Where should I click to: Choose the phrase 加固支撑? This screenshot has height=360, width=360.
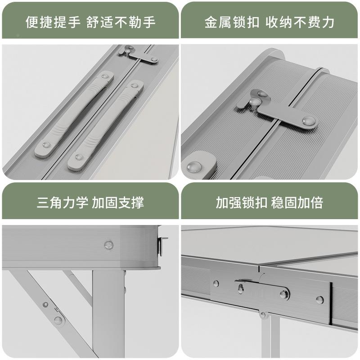pyautogui.click(x=118, y=202)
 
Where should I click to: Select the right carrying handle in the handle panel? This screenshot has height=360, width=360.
pyautogui.click(x=106, y=125)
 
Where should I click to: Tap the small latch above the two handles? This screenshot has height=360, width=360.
pyautogui.click(x=138, y=54)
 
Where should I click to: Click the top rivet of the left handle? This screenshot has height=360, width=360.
pyautogui.click(x=105, y=77)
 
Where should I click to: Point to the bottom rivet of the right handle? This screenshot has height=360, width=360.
pyautogui.click(x=79, y=157)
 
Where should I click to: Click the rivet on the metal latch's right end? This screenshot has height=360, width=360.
pyautogui.click(x=309, y=120)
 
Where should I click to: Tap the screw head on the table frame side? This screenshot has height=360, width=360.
pyautogui.click(x=108, y=245)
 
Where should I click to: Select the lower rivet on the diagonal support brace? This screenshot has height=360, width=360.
pyautogui.click(x=58, y=320)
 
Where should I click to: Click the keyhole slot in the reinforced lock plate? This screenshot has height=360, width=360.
pyautogui.click(x=241, y=288)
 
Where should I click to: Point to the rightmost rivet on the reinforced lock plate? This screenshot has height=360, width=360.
pyautogui.click(x=319, y=299)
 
